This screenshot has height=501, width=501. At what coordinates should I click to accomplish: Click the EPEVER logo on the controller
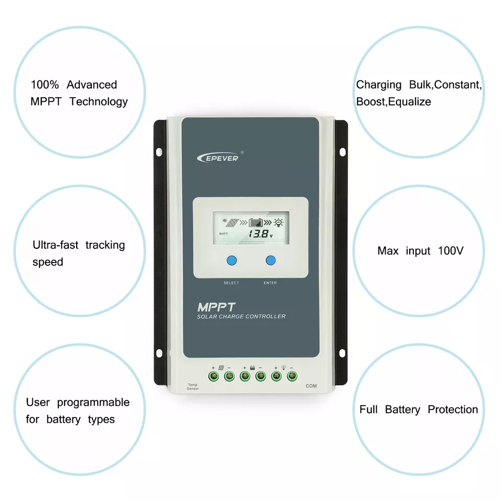tap(217, 157)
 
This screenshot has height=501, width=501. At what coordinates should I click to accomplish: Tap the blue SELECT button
tap(232, 261)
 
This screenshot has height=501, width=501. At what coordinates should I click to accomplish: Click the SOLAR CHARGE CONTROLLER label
tap(241, 317)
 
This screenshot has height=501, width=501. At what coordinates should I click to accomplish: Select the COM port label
tap(311, 386)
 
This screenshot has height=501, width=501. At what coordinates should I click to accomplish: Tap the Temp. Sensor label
tap(193, 387)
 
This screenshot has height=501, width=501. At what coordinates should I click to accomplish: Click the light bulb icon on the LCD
tap(279, 221)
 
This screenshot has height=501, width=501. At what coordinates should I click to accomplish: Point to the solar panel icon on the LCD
tap(232, 222)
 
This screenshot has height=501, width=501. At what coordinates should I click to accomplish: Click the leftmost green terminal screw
tap(213, 375)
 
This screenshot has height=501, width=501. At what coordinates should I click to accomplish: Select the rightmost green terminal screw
tap(292, 375)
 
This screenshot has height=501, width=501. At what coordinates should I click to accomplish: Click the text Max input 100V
tap(420, 251)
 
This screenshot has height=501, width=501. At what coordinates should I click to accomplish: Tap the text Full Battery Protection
tap(419, 410)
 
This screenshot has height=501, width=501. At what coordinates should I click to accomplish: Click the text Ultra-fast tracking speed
tap(78, 253)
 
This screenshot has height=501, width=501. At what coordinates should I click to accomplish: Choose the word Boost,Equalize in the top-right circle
tap(393, 102)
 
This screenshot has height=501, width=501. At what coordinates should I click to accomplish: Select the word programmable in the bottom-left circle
tap(93, 402)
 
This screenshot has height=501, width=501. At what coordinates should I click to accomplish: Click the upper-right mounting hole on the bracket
tap(342, 152)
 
